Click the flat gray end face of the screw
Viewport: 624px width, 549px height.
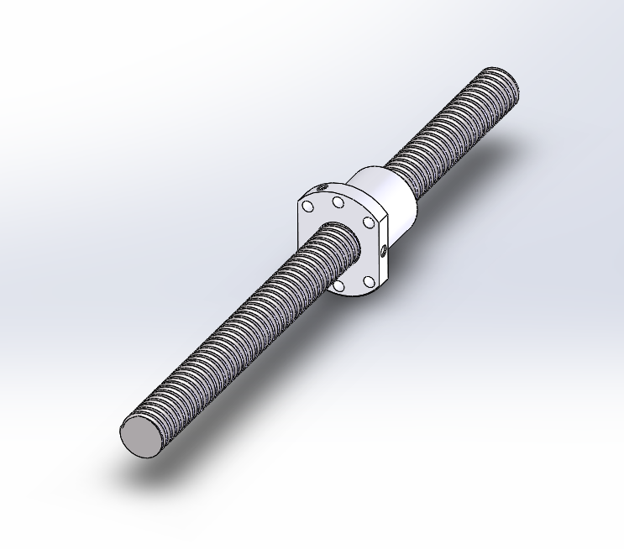click(x=141, y=436)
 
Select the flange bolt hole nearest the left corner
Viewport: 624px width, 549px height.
click(x=308, y=206)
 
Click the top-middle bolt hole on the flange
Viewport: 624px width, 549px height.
click(x=338, y=202)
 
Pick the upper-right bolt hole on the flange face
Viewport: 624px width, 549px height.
click(x=367, y=222)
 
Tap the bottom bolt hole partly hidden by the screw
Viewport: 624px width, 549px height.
click(x=338, y=286)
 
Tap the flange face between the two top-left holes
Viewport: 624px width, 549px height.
click(x=323, y=203)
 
